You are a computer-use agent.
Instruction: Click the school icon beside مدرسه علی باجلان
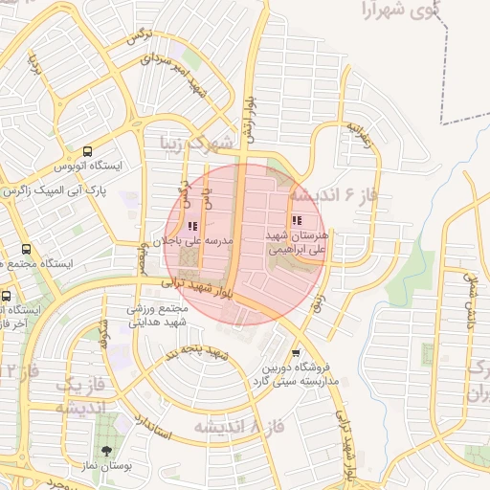coord(192,227)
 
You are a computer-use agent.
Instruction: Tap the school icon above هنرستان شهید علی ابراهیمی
coord(295,219)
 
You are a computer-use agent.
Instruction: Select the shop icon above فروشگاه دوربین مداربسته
coord(295,352)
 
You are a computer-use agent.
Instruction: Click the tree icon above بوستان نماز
coord(105,450)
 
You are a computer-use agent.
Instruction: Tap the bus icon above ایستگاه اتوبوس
coord(88,151)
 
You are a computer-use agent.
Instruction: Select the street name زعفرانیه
coord(359,138)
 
